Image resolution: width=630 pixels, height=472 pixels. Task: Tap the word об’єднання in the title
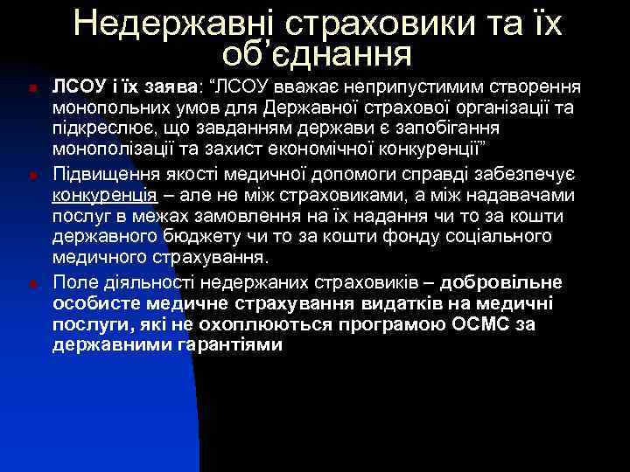pos(317,54)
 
